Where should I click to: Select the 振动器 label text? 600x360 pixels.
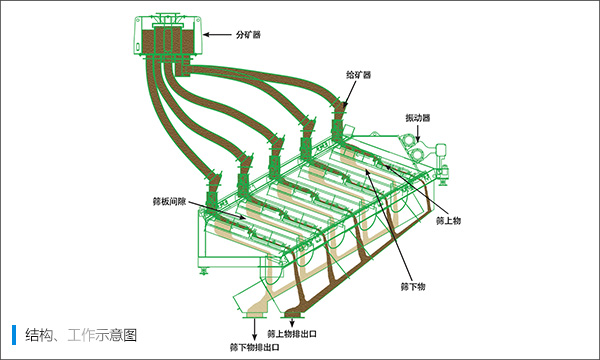pos(417,117)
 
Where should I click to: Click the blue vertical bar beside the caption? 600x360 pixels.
pos(14,333)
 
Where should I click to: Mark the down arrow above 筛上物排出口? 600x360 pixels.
pos(291,319)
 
